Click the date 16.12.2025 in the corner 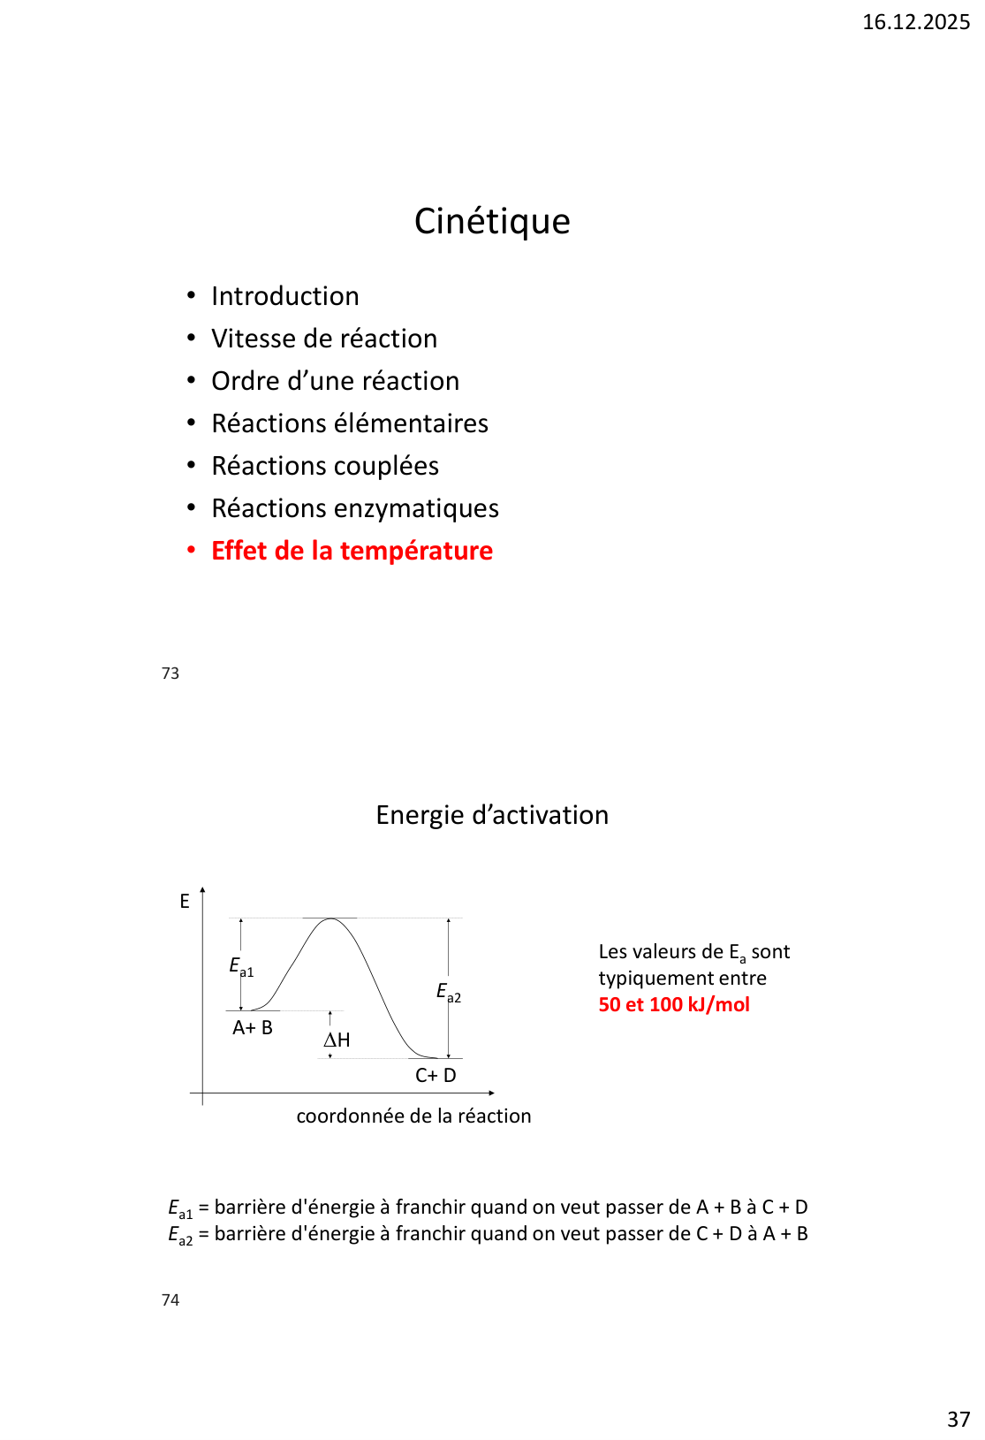tap(915, 22)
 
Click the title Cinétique tap(492, 221)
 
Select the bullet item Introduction tap(284, 296)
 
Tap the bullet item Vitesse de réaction tap(324, 339)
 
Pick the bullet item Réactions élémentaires tap(350, 423)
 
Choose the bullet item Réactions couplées tap(325, 466)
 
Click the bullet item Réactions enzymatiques tap(355, 508)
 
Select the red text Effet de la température tap(352, 551)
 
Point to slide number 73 tap(170, 674)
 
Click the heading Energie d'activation tap(492, 815)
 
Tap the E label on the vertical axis tap(185, 902)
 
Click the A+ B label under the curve tap(253, 1028)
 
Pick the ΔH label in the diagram tap(337, 1040)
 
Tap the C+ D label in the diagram tap(436, 1076)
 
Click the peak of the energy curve tap(330, 919)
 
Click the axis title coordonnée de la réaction tap(413, 1116)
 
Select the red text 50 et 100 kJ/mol tap(674, 1005)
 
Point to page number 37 tap(958, 1420)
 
